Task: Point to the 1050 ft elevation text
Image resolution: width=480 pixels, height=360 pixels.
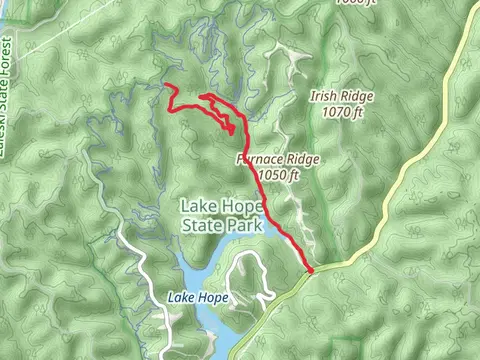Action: (278, 174)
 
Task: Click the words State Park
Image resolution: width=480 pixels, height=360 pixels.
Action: (221, 226)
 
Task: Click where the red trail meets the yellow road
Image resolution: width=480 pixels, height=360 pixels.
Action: (311, 269)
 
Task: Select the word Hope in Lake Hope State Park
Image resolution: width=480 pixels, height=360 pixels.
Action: (241, 207)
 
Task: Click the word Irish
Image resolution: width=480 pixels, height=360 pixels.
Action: (323, 97)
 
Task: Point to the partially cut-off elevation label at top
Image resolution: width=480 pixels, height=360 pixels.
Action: (357, 3)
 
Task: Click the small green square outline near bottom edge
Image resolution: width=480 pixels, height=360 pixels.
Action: (345, 349)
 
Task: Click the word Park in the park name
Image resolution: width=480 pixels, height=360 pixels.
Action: (245, 226)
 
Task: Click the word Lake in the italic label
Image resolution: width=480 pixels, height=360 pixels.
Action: (181, 298)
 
